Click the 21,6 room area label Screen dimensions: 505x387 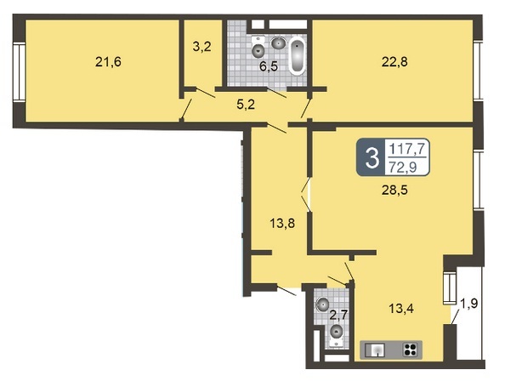coord(108,62)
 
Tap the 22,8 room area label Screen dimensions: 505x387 coord(394,61)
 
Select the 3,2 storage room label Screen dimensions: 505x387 coord(202,47)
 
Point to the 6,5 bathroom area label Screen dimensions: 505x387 coord(269,67)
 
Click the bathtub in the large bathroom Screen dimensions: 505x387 coord(297,56)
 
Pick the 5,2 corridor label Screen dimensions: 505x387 coord(246,105)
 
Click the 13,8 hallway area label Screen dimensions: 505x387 coord(282,223)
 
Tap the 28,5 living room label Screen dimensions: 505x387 coord(394,191)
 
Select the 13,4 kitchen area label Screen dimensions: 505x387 coord(401,309)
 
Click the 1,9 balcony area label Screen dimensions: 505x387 coord(469,303)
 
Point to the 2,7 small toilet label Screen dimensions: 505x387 coord(338,315)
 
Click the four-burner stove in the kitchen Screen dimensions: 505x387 coord(411,350)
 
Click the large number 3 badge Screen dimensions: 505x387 coord(372,158)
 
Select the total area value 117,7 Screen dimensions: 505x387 coord(407,149)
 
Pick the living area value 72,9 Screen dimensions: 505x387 coord(403,167)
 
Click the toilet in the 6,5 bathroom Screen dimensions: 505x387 coord(258,48)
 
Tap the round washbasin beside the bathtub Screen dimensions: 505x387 coord(278,43)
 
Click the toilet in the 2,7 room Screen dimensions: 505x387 coord(337,335)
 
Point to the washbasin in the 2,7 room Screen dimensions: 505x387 coord(322,304)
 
